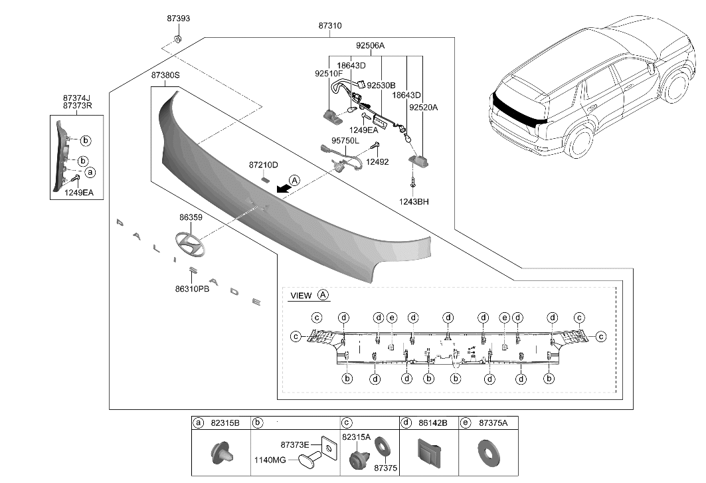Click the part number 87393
[178, 19]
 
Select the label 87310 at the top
[330, 26]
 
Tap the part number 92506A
[370, 46]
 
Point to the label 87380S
[165, 76]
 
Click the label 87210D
[264, 164]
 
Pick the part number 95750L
[345, 141]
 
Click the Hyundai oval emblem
[190, 246]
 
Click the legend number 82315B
[226, 423]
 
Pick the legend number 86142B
[433, 423]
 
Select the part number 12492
[378, 161]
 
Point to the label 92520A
[424, 106]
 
